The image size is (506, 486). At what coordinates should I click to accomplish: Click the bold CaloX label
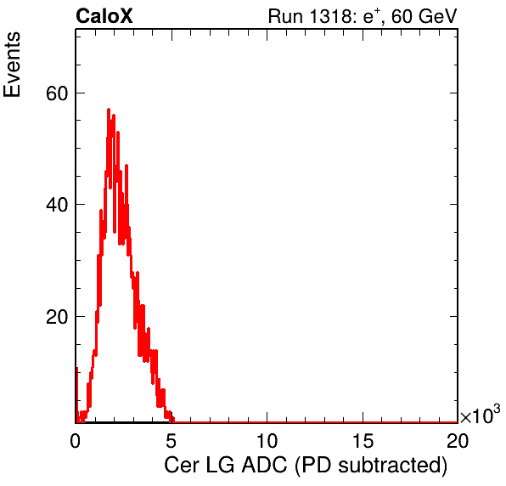(104, 16)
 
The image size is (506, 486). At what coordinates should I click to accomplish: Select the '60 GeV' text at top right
(424, 16)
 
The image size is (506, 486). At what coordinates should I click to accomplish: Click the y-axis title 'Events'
(12, 65)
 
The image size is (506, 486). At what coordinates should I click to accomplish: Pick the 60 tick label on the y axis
(57, 93)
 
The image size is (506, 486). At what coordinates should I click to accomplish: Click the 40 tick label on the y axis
(57, 205)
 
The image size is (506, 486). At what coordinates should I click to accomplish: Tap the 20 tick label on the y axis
(57, 317)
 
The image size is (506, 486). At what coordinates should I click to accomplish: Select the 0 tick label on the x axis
(76, 440)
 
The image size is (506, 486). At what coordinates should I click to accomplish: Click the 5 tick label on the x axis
(171, 440)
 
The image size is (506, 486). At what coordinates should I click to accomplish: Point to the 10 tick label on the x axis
(267, 440)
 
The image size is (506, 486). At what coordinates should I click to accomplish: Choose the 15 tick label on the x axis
(363, 440)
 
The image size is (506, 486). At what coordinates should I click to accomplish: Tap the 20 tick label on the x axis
(458, 440)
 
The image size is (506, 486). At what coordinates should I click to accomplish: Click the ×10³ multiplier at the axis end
(481, 414)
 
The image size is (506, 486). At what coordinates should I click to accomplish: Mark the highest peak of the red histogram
(109, 110)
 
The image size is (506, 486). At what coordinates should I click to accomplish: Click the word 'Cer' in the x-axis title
(182, 465)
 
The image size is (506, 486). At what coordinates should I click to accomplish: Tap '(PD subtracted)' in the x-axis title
(371, 466)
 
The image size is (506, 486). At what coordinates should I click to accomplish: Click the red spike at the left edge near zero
(76, 394)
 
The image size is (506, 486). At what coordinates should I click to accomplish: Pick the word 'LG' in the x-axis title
(220, 465)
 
